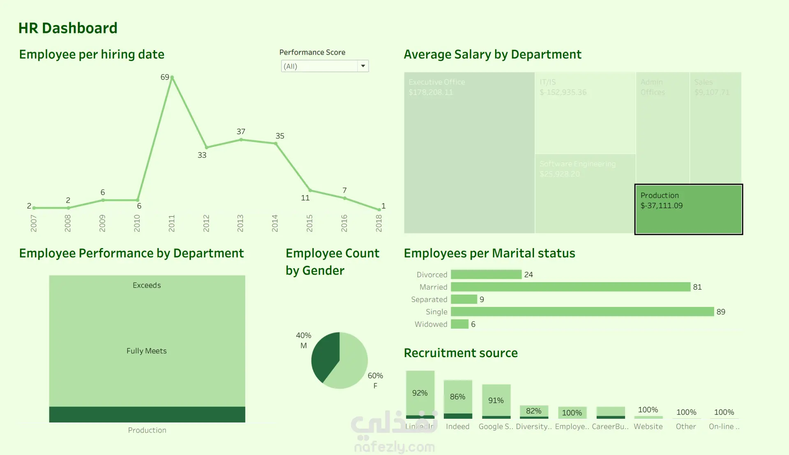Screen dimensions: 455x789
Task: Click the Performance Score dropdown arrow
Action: pos(363,66)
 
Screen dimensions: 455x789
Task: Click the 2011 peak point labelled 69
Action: pos(172,77)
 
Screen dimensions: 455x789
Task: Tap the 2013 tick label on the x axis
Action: pos(240,223)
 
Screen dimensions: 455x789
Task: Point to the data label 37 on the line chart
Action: pos(241,132)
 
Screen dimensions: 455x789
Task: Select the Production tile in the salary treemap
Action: pos(688,209)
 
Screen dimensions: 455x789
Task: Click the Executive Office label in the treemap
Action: pos(436,82)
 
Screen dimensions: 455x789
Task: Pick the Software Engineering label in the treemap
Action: pos(577,164)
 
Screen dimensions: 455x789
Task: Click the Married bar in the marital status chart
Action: pos(570,287)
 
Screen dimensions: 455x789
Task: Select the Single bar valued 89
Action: pos(582,312)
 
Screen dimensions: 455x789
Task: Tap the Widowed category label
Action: pos(431,324)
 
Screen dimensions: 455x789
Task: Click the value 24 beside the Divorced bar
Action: pos(528,274)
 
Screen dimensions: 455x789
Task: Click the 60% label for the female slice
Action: pos(375,376)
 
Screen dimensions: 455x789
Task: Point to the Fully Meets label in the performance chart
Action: pos(147,351)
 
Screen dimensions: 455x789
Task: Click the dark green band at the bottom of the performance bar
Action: pos(147,414)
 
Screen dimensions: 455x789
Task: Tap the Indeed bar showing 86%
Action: pos(458,397)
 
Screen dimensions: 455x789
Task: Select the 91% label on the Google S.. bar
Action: pos(496,400)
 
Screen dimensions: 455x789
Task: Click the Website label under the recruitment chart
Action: pos(648,427)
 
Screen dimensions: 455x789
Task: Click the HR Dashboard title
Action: pos(68,28)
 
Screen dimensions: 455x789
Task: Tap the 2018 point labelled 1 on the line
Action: pos(379,209)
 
